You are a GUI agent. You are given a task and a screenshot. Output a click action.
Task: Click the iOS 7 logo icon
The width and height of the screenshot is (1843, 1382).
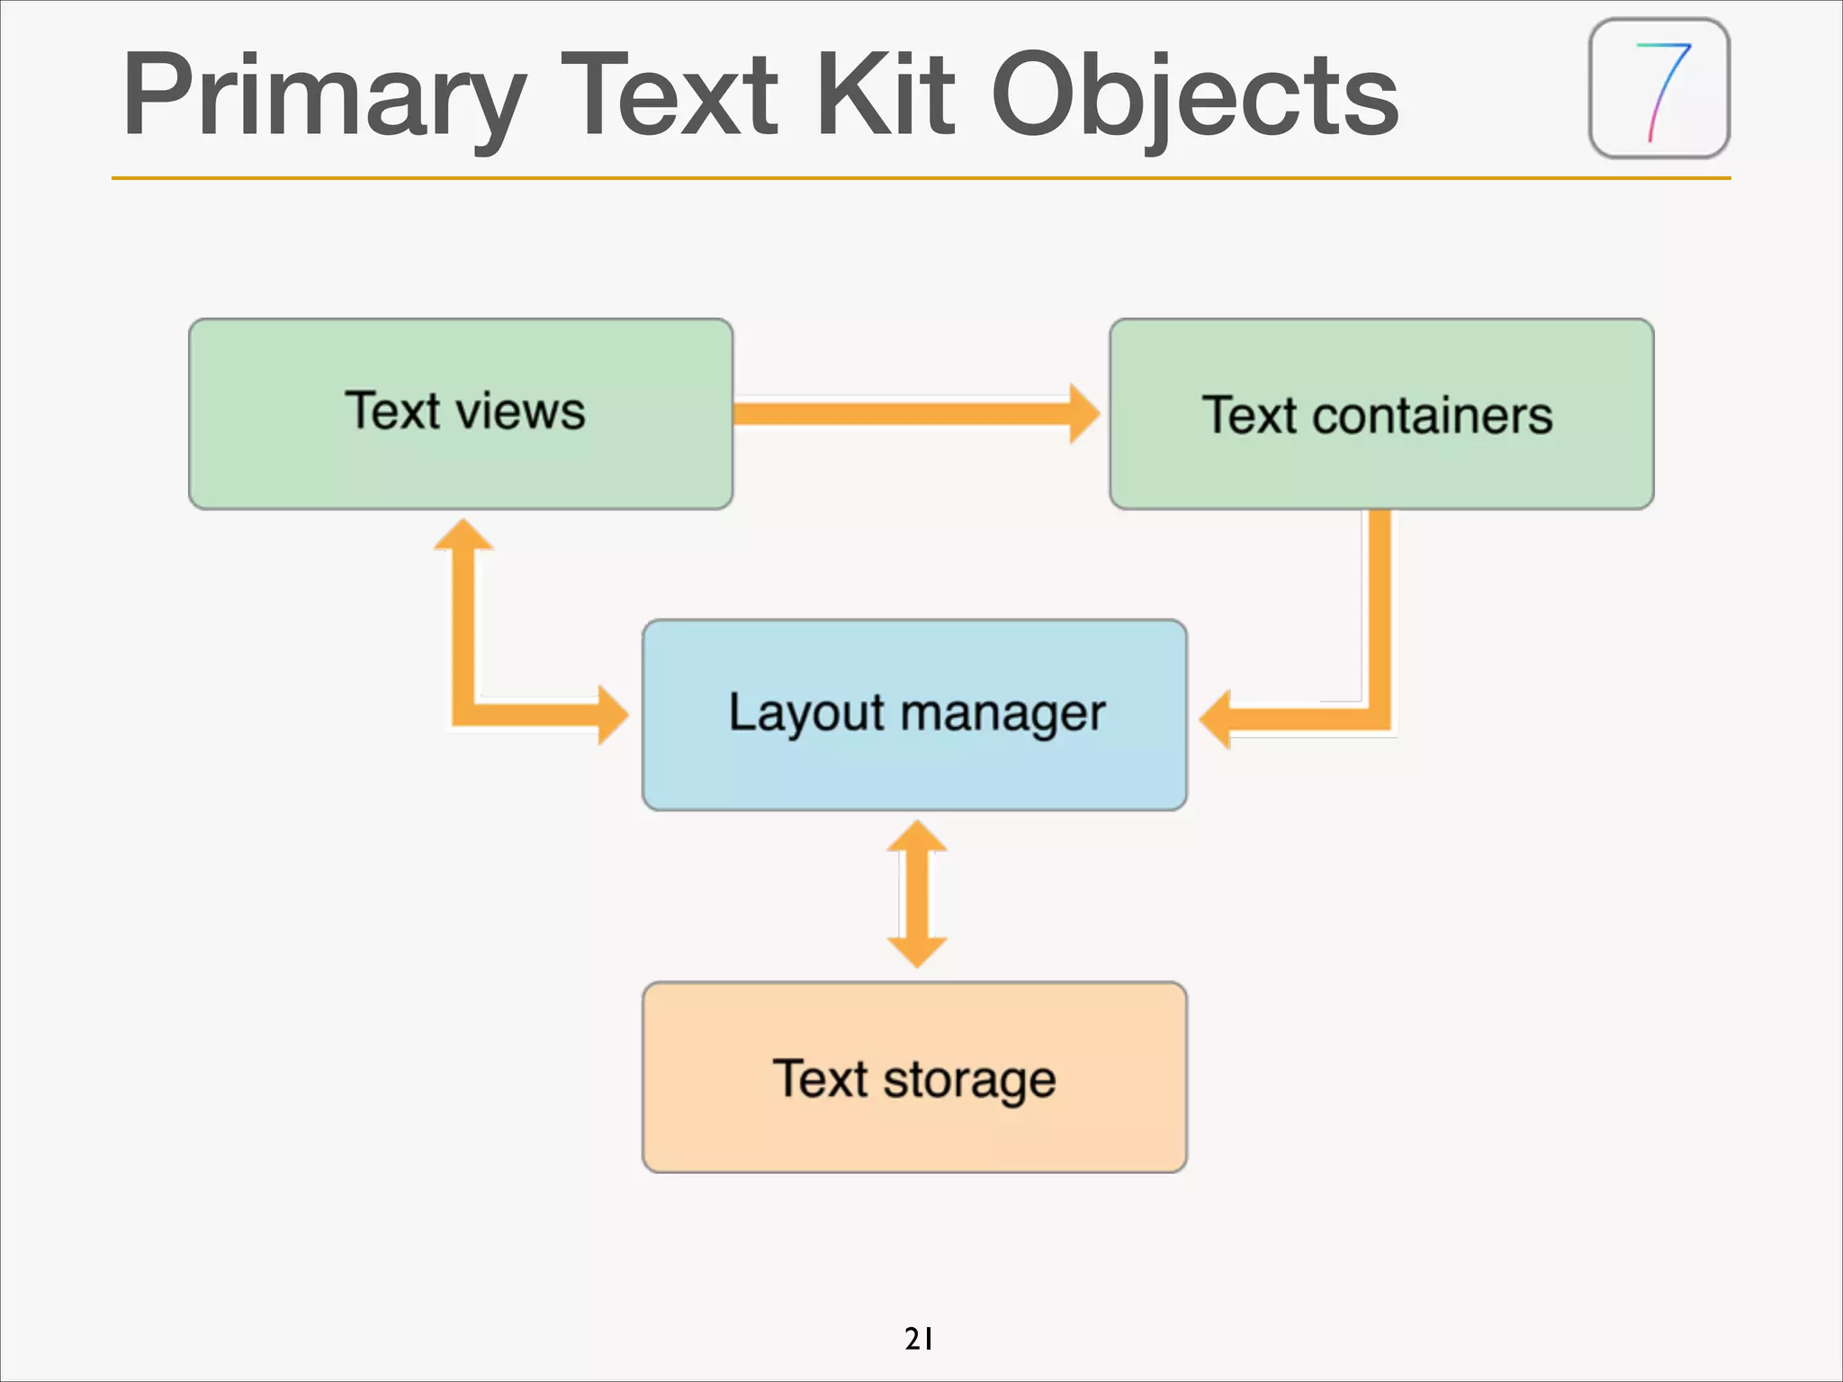(x=1659, y=88)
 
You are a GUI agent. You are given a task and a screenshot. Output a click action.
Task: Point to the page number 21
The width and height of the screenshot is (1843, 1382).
(x=919, y=1339)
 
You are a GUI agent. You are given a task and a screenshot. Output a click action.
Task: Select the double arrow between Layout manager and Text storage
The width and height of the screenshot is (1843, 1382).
(x=917, y=893)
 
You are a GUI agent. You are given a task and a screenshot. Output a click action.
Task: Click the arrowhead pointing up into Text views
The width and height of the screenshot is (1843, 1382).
(x=463, y=536)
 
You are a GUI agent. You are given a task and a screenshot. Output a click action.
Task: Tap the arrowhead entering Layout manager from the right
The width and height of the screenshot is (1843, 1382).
(x=1218, y=719)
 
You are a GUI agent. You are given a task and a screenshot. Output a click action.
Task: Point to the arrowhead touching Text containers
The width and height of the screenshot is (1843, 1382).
(x=1083, y=414)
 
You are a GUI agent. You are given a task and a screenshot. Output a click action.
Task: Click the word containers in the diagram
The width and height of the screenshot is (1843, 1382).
(x=1433, y=416)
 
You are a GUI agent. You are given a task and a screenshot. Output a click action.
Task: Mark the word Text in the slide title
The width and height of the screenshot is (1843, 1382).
(x=670, y=94)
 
